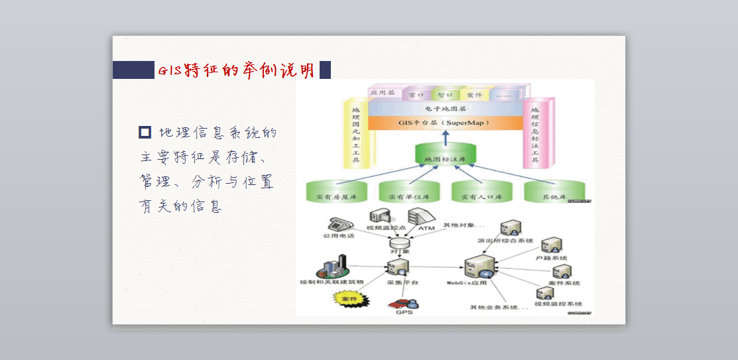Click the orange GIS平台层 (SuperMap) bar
click(445, 123)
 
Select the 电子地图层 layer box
click(445, 108)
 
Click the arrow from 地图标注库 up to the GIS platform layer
click(445, 137)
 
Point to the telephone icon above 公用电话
click(337, 224)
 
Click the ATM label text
click(426, 229)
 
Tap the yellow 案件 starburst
click(349, 300)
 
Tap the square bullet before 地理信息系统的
click(145, 132)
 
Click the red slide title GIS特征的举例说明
click(236, 70)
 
